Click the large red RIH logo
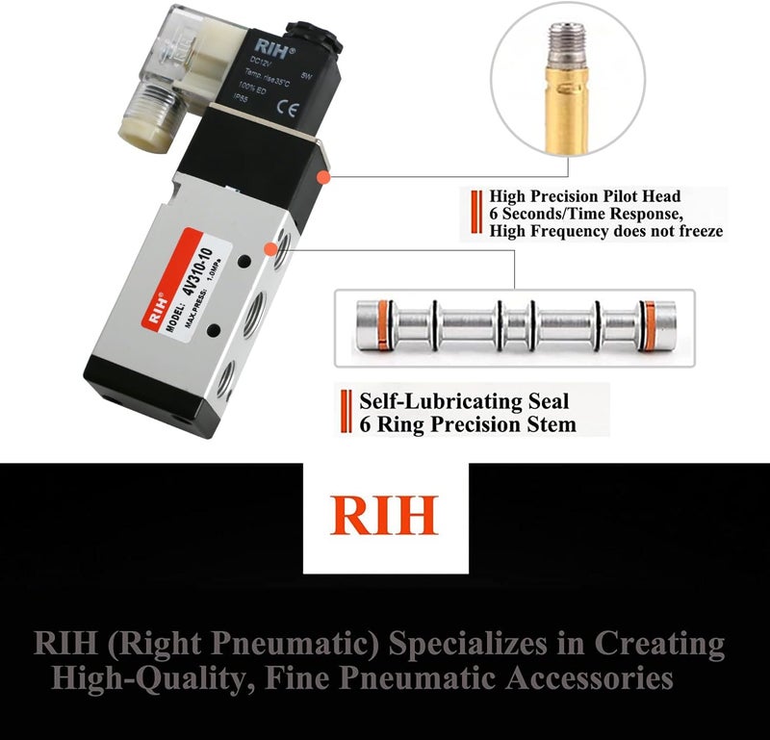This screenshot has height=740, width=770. pos(385,515)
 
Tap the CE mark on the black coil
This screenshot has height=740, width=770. pos(309,108)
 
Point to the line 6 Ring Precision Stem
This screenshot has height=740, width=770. pos(468,423)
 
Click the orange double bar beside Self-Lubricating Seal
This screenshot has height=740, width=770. pos(345,412)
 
